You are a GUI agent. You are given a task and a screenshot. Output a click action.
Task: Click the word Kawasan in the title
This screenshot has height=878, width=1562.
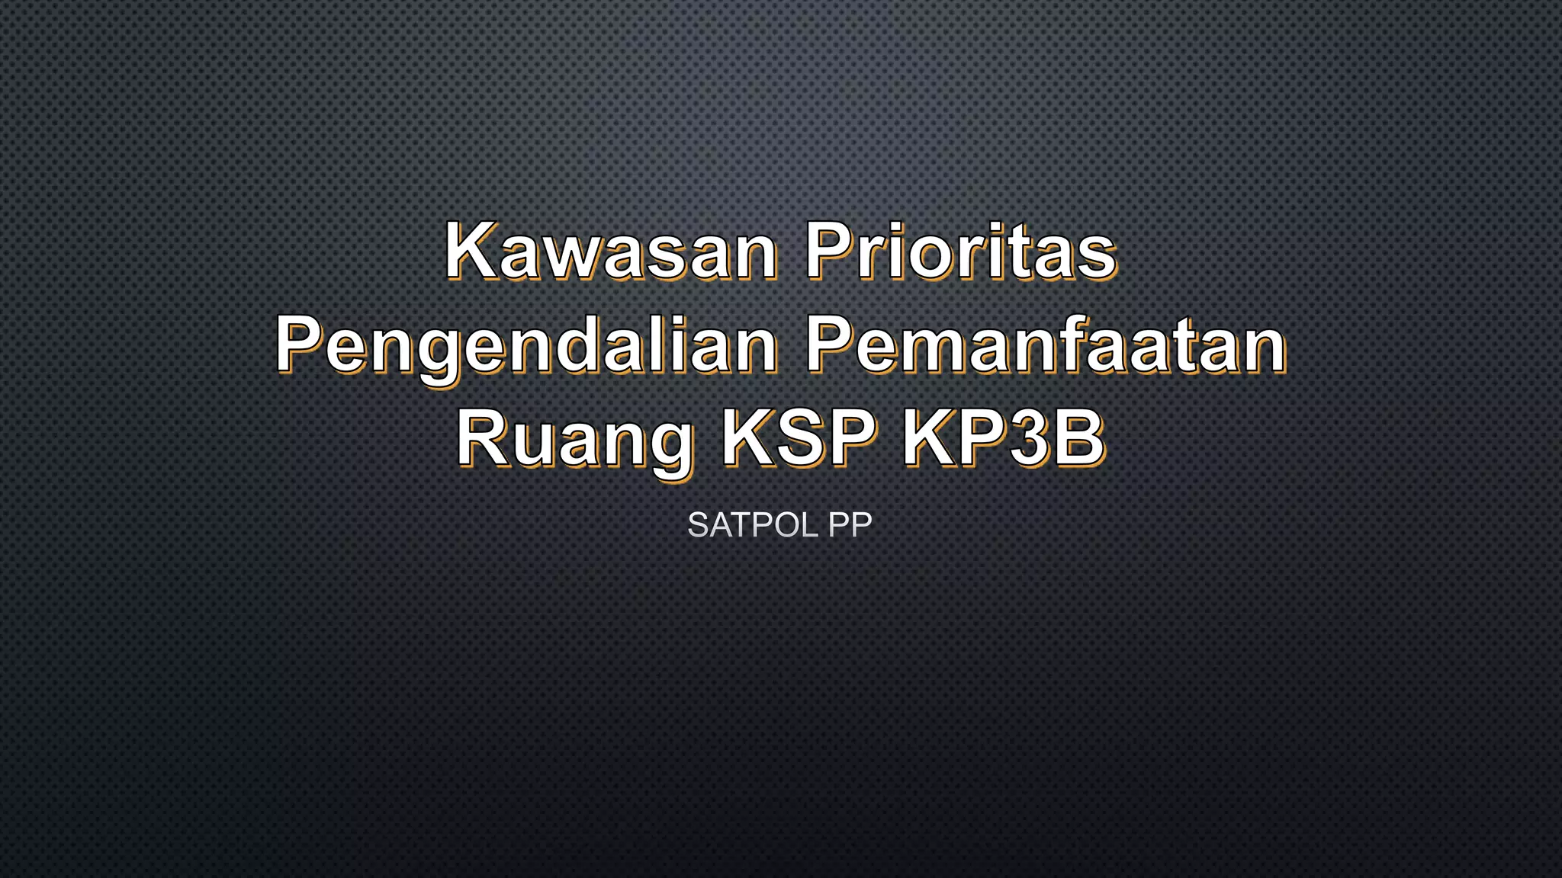tap(610, 252)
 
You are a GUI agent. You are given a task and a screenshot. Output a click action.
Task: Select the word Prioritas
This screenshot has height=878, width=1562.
tap(961, 252)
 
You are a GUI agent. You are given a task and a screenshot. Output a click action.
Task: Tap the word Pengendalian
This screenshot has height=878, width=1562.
tap(526, 347)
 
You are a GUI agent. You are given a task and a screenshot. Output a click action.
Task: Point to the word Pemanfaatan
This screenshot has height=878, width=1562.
tap(1046, 347)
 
